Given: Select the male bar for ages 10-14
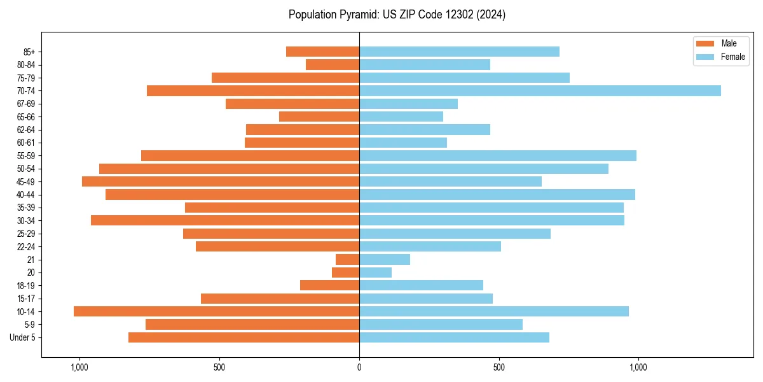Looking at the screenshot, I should pyautogui.click(x=216, y=311).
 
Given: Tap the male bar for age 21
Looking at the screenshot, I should pyautogui.click(x=348, y=259).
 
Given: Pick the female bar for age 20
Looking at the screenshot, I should pyautogui.click(x=375, y=272).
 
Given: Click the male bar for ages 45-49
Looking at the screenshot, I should pyautogui.click(x=221, y=181).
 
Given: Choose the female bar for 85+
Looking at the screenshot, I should pyautogui.click(x=459, y=52).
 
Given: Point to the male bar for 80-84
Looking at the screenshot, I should pyautogui.click(x=333, y=64).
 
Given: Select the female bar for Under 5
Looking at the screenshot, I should pyautogui.click(x=454, y=337).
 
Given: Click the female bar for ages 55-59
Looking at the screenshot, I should pyautogui.click(x=497, y=155).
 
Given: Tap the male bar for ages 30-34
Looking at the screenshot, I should pyautogui.click(x=225, y=220).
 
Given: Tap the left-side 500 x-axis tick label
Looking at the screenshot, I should pyautogui.click(x=219, y=367).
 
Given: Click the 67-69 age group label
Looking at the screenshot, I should pyautogui.click(x=26, y=104).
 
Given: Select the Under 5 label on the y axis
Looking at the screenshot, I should pyautogui.click(x=23, y=337).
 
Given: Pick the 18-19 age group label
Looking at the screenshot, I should pyautogui.click(x=26, y=285).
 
